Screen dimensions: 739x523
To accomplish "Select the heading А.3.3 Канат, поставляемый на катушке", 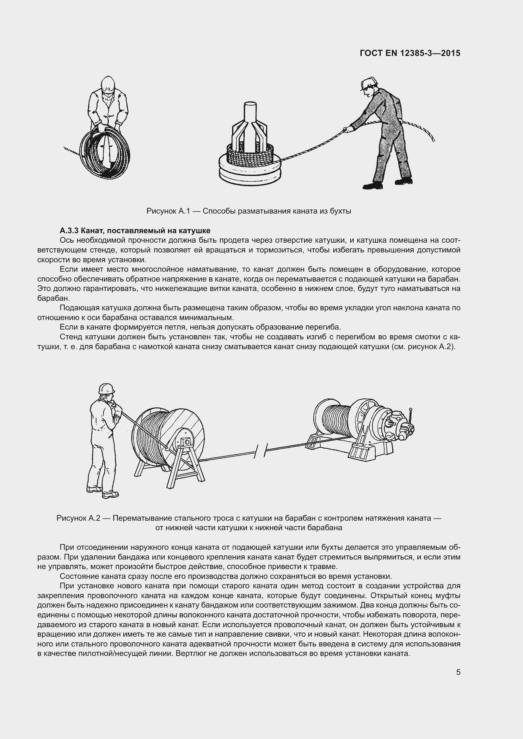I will click(135, 230).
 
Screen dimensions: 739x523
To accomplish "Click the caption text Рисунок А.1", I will click(167, 211).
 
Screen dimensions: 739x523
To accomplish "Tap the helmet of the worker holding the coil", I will click(108, 85).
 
